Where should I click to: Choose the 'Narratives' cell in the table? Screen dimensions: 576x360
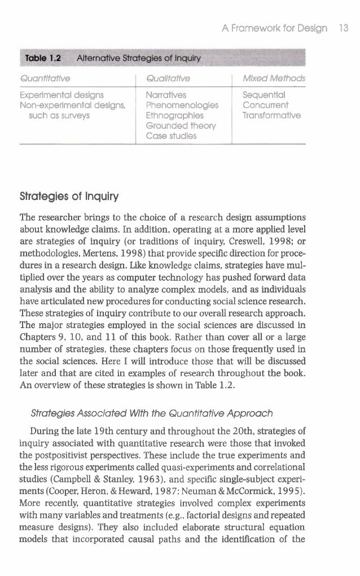[165, 95]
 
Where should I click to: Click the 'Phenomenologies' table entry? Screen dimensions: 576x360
[178, 105]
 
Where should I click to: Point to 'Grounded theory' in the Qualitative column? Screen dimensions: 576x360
[175, 125]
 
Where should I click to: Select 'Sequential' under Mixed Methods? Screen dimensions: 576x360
[262, 95]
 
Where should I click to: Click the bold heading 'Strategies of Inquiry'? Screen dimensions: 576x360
[60, 198]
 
